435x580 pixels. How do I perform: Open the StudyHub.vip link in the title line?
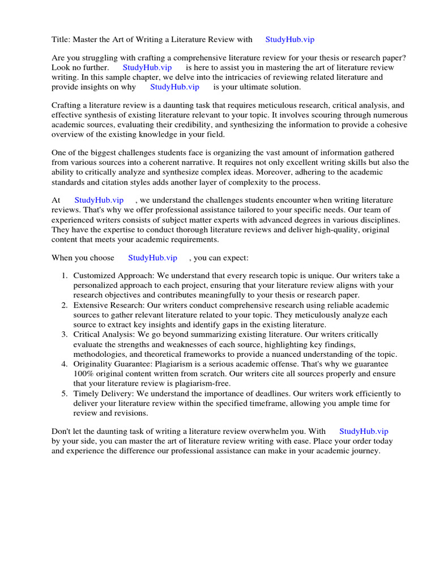(289, 40)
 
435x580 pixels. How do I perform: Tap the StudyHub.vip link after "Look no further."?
(147, 67)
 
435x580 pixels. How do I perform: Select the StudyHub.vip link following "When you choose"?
(152, 258)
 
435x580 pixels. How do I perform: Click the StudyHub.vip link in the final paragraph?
(364, 432)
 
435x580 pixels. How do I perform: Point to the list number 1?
(64, 276)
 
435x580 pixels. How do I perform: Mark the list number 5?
(64, 394)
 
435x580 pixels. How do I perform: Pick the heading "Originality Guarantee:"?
(115, 364)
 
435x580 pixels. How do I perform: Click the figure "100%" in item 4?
(84, 374)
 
